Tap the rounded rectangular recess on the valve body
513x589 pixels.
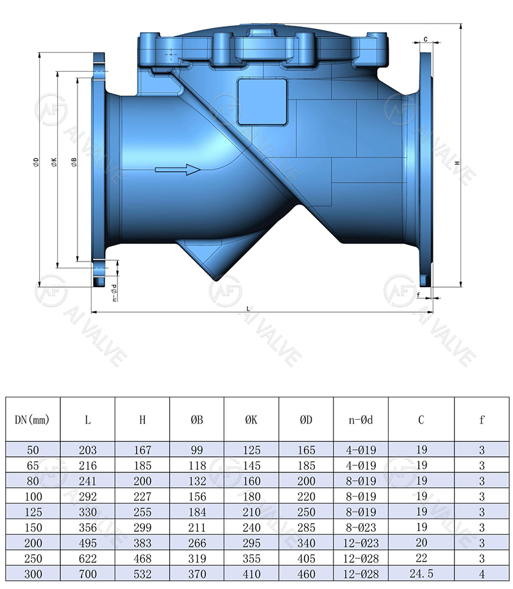(262, 101)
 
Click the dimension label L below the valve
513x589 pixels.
(248, 308)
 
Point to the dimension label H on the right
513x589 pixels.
(457, 163)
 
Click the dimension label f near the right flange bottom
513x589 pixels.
(418, 295)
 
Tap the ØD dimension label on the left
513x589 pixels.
(37, 163)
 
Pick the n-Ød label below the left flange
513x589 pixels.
(114, 292)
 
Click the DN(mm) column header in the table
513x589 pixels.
(32, 420)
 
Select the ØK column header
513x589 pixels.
(251, 420)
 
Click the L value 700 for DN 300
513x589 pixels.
(87, 575)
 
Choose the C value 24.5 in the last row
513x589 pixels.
(421, 575)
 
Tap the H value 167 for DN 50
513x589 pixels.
(142, 451)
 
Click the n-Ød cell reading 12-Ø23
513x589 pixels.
(360, 543)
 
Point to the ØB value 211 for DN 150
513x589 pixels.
(196, 528)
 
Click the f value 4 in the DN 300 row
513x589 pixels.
(482, 575)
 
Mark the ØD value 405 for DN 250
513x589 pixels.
(306, 559)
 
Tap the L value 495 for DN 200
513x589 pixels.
(87, 543)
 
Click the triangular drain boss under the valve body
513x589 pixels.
(212, 256)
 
